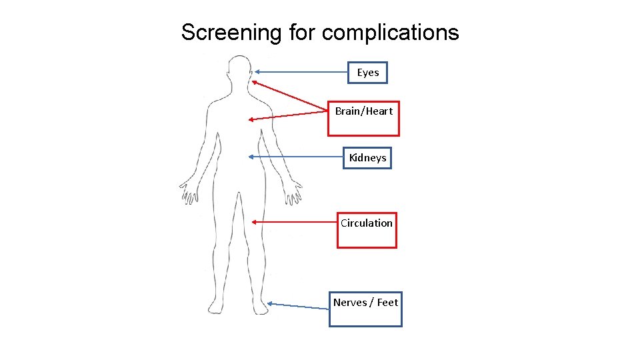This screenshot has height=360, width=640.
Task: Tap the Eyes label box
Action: point(367,73)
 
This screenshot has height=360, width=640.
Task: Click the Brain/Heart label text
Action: point(363,111)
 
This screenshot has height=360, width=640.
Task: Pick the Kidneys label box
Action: point(367,158)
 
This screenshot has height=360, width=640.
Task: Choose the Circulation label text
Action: point(367,223)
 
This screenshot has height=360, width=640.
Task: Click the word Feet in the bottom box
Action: point(387,303)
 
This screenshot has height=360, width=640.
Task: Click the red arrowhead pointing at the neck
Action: point(254,83)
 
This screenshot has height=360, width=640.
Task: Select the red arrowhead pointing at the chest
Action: point(251,120)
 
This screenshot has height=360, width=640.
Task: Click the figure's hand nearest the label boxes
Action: point(291,194)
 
